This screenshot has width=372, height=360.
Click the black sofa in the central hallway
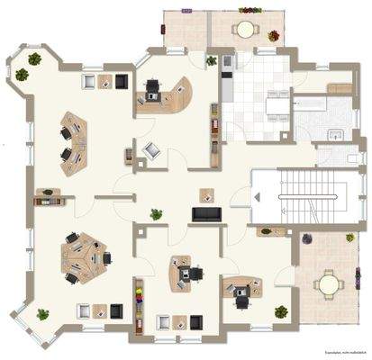[205, 213]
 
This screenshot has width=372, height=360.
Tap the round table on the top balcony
[244, 29]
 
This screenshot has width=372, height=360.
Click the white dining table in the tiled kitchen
[275, 107]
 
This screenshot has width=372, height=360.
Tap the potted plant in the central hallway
[157, 214]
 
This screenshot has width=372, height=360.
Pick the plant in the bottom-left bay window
[42, 314]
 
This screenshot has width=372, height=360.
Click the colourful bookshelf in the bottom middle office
[139, 301]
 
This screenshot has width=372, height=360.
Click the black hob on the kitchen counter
[226, 62]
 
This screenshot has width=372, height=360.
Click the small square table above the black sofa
[206, 193]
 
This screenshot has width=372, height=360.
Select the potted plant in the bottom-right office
[280, 310]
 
